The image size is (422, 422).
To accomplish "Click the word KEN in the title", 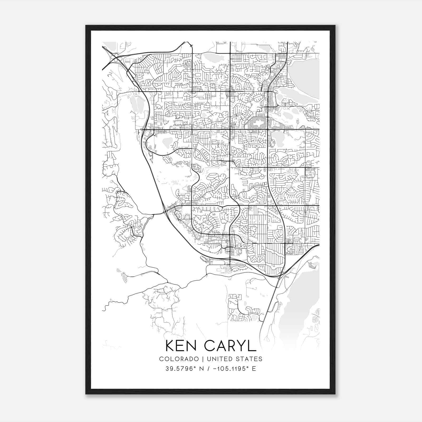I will click(182, 346).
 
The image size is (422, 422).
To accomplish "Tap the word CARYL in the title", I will click(230, 346).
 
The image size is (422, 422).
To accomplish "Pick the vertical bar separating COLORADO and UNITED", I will click(203, 359).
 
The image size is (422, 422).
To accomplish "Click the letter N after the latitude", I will click(202, 368).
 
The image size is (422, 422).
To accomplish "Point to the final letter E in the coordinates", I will click(254, 368).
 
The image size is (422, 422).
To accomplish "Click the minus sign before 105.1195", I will click(218, 369).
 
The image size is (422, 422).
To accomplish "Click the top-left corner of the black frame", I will click(86, 26).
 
